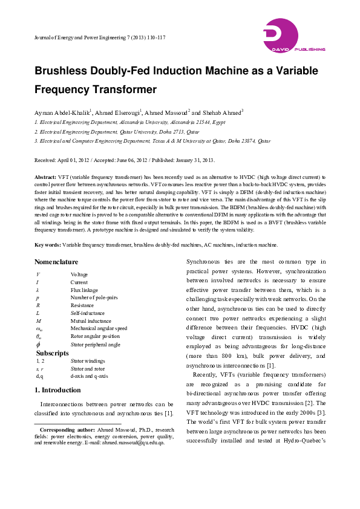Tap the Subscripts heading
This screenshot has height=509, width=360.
[53, 352]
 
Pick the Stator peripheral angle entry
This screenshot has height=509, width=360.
[95, 344]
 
